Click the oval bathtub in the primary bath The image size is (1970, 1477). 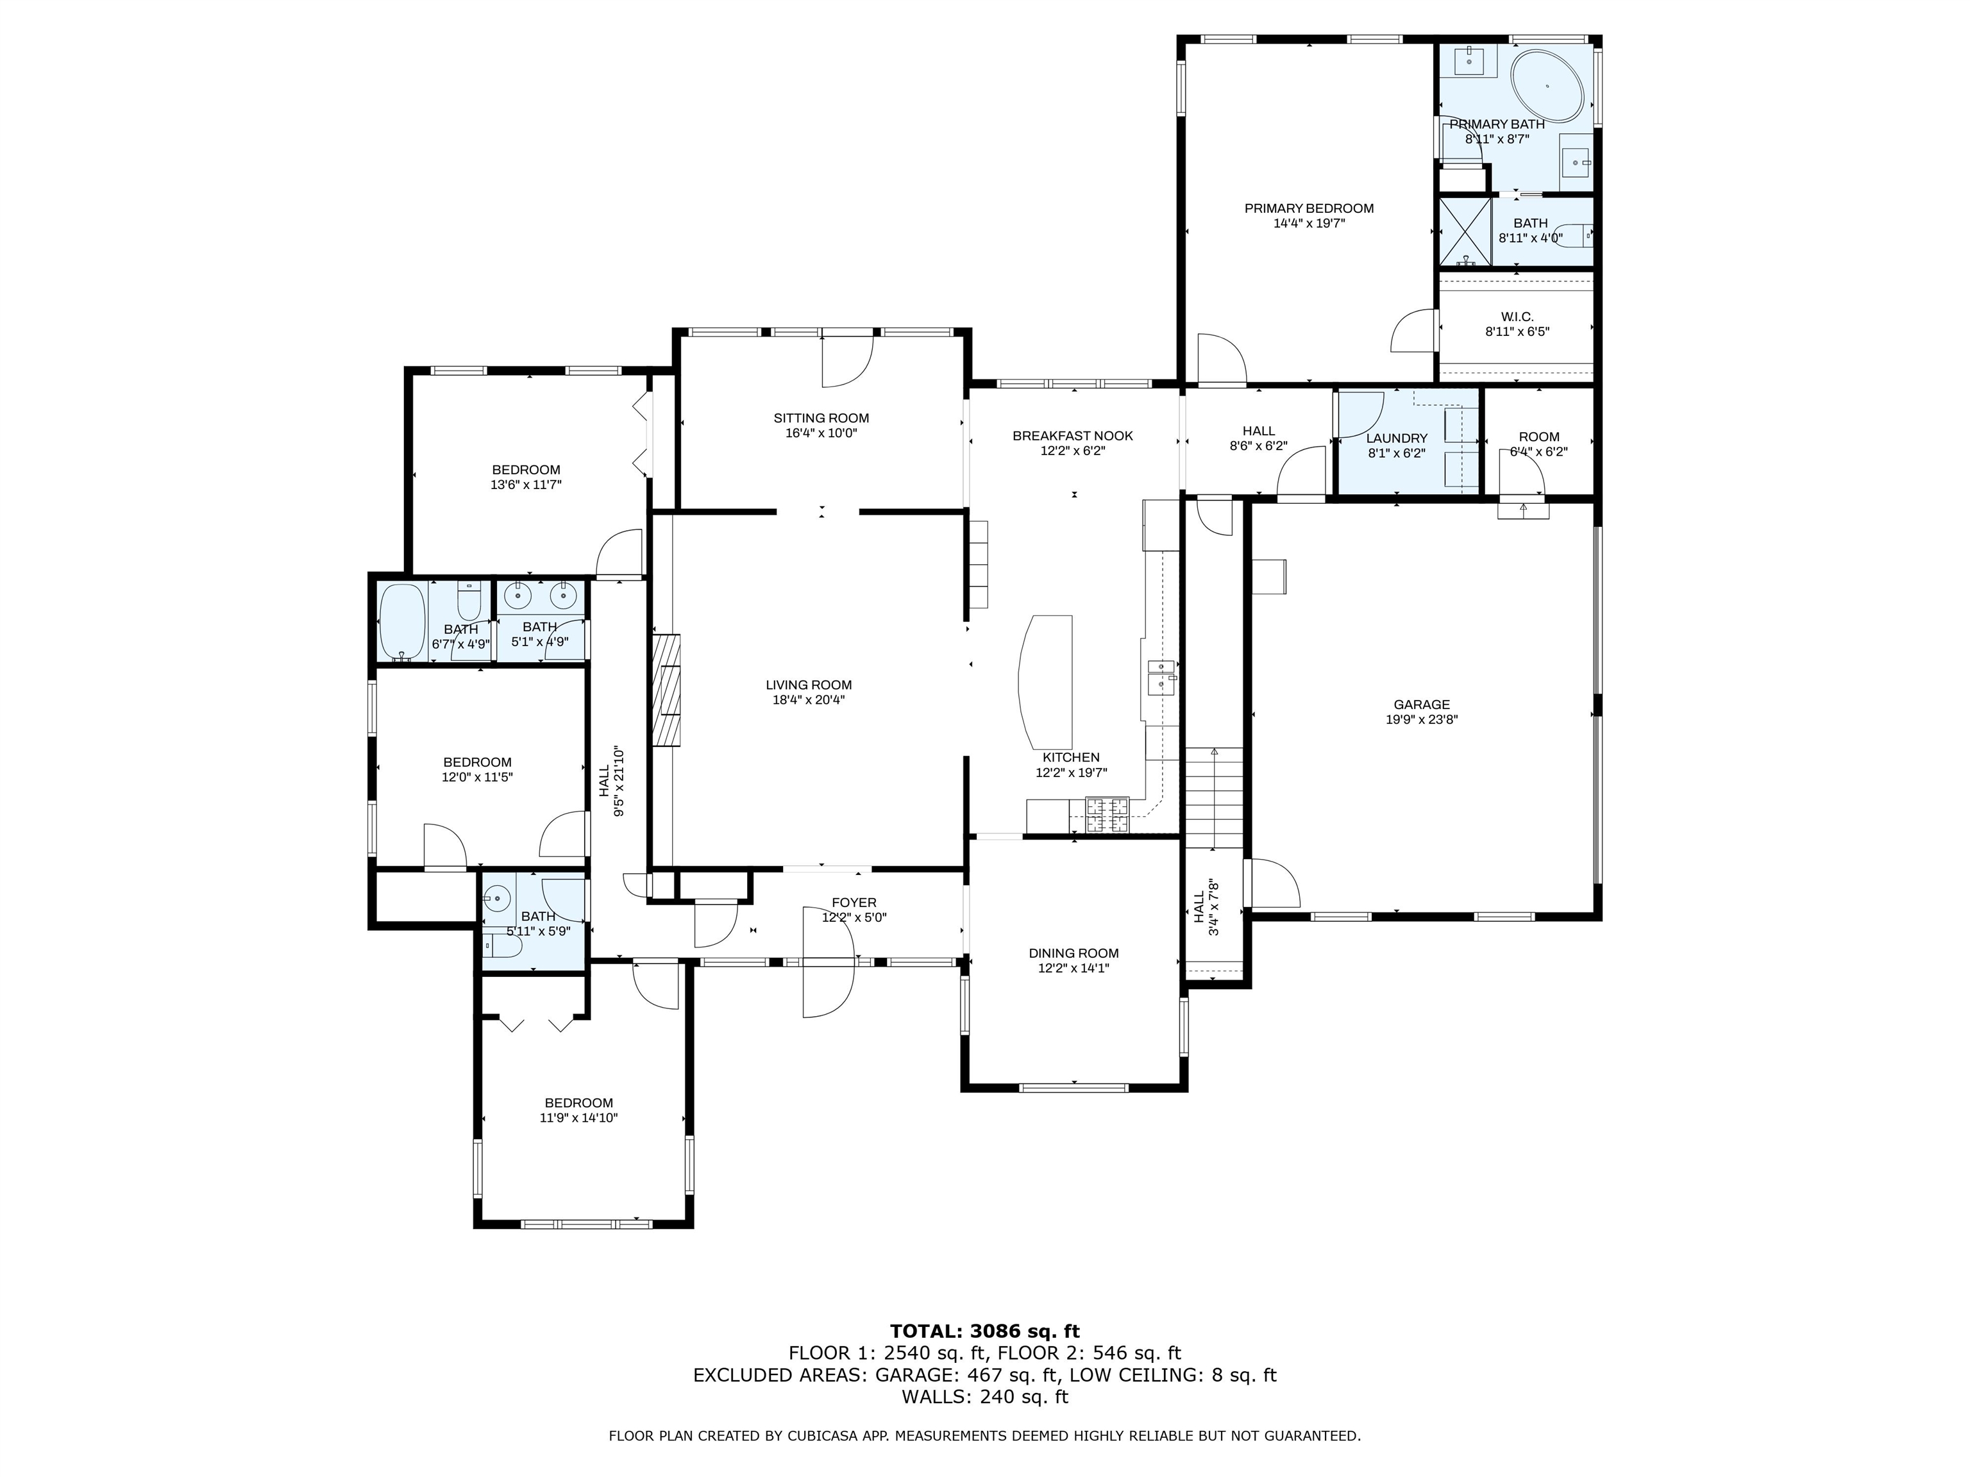coord(1549,87)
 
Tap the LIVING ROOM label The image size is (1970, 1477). coord(809,685)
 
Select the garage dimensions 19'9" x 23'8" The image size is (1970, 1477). coord(1422,719)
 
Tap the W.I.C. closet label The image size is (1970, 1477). coord(1517,316)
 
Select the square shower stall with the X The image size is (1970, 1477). coord(1465,231)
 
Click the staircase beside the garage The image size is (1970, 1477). coord(1213,797)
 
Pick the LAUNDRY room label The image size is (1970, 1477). coord(1397,438)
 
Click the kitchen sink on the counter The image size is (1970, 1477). coord(1161,676)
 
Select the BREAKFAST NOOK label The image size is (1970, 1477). coord(1072,435)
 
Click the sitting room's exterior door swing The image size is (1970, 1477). coord(846,360)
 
